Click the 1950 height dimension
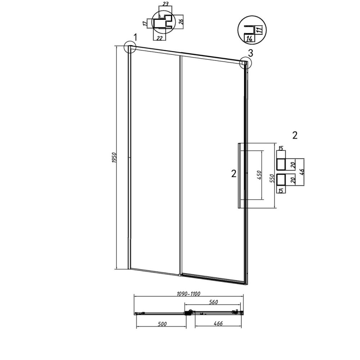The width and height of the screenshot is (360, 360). pyautogui.click(x=114, y=158)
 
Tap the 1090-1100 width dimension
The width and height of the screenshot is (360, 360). pyautogui.click(x=189, y=294)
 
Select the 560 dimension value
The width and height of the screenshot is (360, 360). pyautogui.click(x=213, y=302)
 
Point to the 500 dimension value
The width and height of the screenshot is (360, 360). pyautogui.click(x=162, y=324)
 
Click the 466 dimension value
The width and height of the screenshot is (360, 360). pyautogui.click(x=218, y=323)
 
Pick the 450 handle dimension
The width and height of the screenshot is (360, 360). pyautogui.click(x=259, y=175)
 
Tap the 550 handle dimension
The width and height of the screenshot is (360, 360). pyautogui.click(x=272, y=178)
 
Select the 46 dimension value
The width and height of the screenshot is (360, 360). pyautogui.click(x=302, y=172)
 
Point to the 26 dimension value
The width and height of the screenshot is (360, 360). pyautogui.click(x=181, y=21)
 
